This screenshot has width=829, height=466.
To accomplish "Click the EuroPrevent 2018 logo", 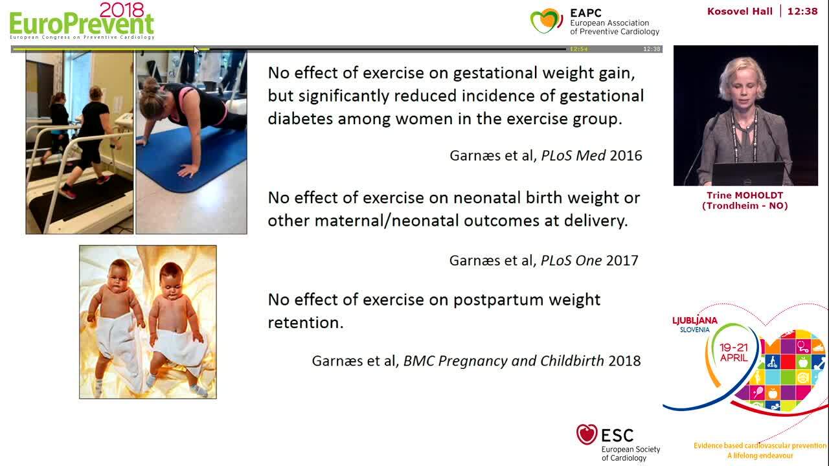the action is pos(82,21).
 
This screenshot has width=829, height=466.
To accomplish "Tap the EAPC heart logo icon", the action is pos(546,21).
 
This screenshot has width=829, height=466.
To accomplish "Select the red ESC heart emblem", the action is pos(587,434).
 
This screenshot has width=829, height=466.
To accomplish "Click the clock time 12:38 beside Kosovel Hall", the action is pos(802,11).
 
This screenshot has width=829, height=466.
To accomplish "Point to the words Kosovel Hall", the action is pos(740,11).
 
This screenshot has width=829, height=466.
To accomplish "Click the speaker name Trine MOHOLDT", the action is pos(745,195).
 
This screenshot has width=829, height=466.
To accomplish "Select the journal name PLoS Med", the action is pos(573,155).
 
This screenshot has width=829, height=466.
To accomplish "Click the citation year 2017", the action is pos(622,260).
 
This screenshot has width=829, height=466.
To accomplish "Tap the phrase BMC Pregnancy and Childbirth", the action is pos(504,361).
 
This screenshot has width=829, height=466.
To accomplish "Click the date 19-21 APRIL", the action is pos(734,353).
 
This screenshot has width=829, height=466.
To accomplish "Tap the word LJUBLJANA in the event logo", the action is pos(695,320).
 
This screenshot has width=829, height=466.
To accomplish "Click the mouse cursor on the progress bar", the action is pos(196,50).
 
